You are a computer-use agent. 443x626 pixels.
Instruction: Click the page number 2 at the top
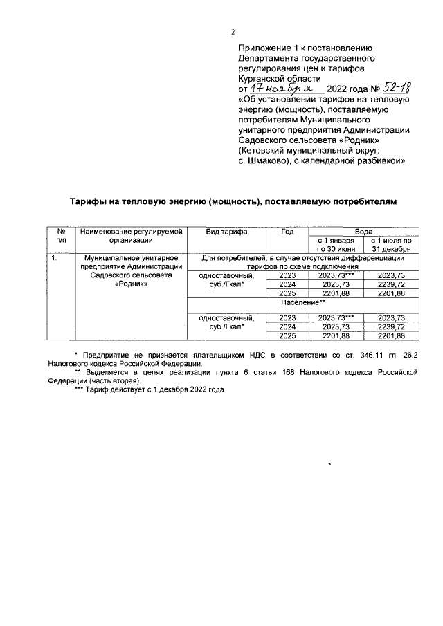[x=233, y=32]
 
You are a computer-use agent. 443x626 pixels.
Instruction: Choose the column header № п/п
[x=61, y=237]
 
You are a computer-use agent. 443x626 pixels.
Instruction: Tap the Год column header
[x=287, y=232]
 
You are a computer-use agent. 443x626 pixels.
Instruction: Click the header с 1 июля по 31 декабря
[x=392, y=245]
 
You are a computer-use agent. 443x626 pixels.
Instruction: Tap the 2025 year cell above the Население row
[x=287, y=293]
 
